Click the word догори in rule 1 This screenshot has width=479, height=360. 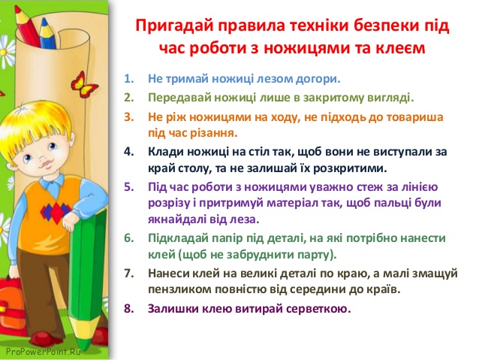pos(316,78)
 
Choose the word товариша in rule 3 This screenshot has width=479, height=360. pos(417,117)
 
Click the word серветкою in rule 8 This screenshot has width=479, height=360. pos(309,308)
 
